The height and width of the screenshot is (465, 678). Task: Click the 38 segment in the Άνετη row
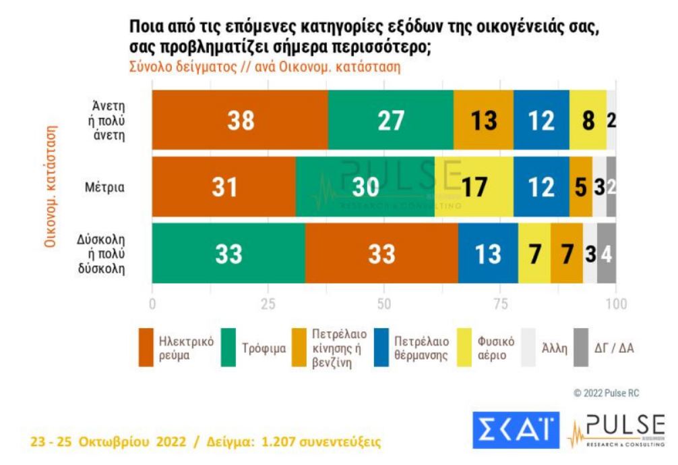(x=240, y=119)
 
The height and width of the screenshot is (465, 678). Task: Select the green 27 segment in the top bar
(x=390, y=119)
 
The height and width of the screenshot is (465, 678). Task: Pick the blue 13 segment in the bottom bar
(x=487, y=253)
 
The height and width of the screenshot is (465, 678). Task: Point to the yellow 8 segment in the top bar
(x=588, y=119)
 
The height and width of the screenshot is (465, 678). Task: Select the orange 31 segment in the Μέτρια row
(x=224, y=187)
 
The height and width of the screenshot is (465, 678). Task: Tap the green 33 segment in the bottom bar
(x=228, y=253)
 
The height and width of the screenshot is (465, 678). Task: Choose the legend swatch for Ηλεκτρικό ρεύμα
(x=148, y=348)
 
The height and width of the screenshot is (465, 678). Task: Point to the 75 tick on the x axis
(x=500, y=303)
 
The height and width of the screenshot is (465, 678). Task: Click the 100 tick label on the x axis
(x=615, y=303)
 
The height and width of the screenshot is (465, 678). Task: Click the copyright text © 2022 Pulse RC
(x=605, y=393)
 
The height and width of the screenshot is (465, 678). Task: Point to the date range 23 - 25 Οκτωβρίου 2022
(x=111, y=443)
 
